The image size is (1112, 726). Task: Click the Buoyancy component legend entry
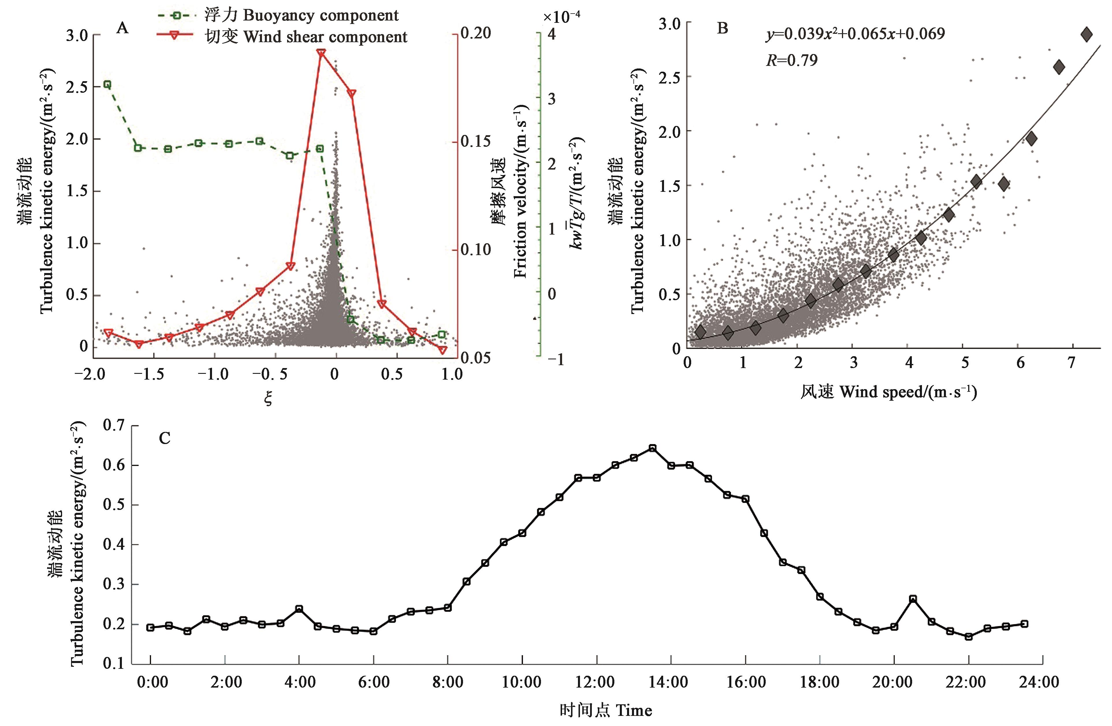click(301, 15)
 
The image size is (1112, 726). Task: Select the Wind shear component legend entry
click(306, 37)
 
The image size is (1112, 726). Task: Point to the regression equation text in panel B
click(855, 34)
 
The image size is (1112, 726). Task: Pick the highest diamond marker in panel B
click(1086, 34)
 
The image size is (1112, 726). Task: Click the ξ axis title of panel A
click(268, 398)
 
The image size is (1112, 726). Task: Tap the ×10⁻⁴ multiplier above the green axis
click(562, 17)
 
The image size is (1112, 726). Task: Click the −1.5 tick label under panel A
click(153, 374)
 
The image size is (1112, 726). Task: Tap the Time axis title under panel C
click(606, 711)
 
